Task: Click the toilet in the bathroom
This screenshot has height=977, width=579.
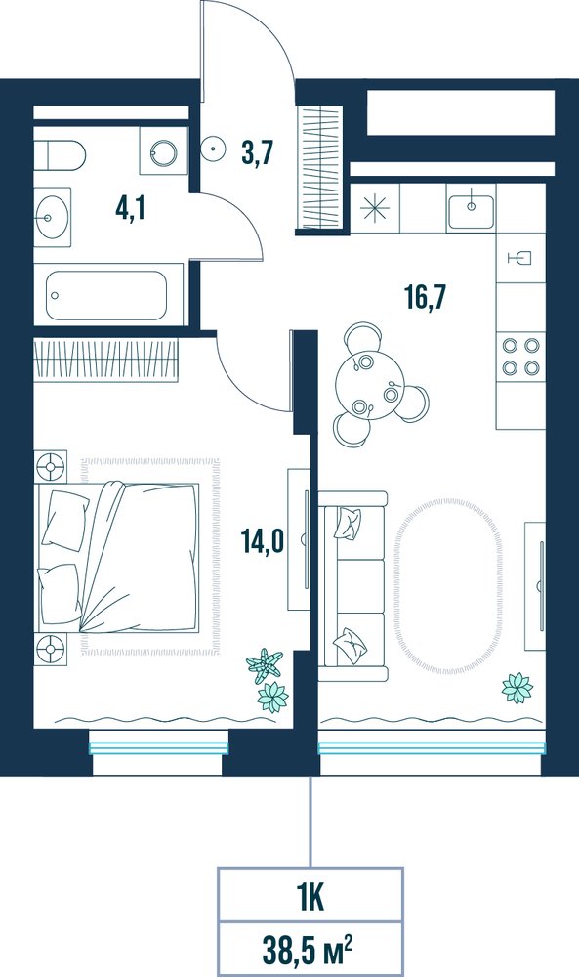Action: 60,155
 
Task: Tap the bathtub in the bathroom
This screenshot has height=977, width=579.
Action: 108,295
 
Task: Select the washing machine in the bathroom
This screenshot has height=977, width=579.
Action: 163,150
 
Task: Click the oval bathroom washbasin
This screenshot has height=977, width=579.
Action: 52,217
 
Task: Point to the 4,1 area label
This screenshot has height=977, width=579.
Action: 130,209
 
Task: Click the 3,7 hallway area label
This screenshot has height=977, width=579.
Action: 258,153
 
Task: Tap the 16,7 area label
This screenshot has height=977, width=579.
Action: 426,297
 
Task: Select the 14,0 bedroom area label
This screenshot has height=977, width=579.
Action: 262,541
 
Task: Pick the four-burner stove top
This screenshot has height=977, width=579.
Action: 520,356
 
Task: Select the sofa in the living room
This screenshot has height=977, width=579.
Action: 353,585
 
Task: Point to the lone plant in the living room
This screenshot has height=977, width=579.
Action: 517,688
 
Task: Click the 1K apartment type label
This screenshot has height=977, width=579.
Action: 310,899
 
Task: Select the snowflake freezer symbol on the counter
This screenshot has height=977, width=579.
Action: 375,207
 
